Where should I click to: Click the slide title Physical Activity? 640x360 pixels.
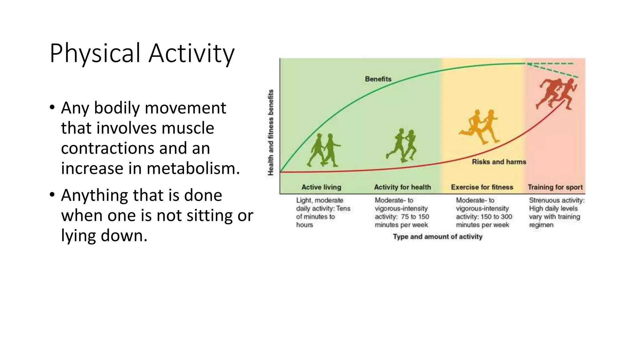click(x=142, y=53)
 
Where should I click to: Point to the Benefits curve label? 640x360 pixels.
click(x=378, y=79)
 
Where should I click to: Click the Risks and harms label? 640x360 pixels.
click(x=499, y=162)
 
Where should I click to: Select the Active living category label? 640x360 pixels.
click(x=321, y=187)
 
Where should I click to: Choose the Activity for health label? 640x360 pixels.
click(x=402, y=187)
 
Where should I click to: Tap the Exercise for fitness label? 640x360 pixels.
click(x=482, y=187)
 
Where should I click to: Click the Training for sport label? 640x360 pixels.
click(x=555, y=187)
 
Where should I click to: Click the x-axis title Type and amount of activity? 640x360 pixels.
click(x=437, y=237)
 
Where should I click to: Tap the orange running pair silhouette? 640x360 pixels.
click(x=480, y=127)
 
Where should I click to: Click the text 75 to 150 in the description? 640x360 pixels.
click(x=415, y=217)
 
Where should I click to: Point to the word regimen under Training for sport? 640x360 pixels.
click(x=541, y=225)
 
